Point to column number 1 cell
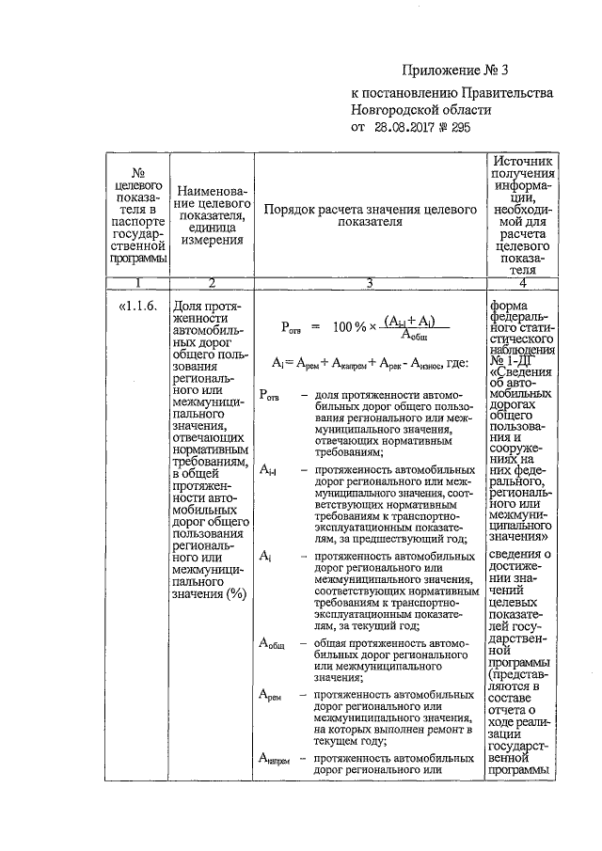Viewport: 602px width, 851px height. (137, 284)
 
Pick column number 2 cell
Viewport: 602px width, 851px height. (212, 284)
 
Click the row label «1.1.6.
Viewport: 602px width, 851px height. (138, 307)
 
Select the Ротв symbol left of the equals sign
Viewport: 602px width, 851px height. (292, 328)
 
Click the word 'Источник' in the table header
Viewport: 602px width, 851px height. (521, 161)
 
